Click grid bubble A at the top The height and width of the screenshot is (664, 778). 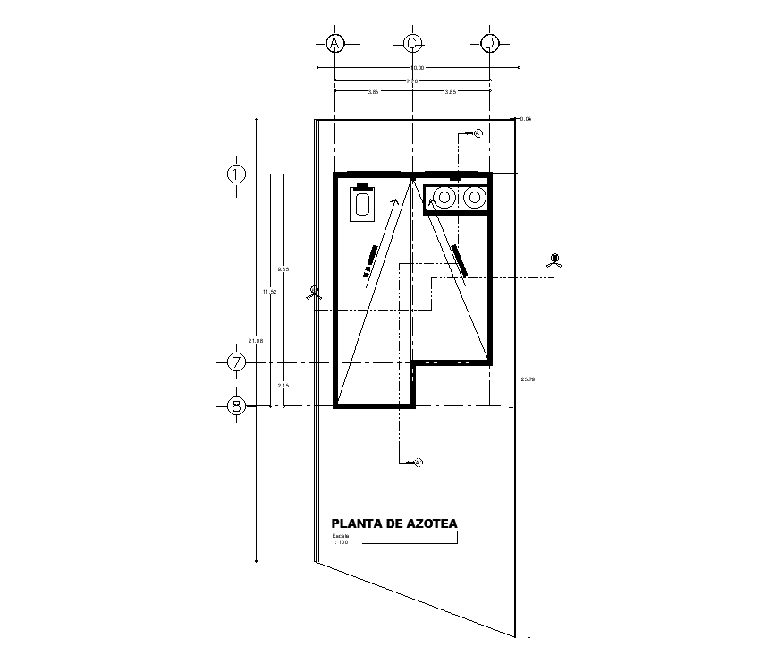(334, 43)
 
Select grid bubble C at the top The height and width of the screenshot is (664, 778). (411, 43)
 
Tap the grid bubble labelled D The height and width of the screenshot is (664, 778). (489, 43)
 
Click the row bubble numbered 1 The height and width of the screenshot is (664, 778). (236, 174)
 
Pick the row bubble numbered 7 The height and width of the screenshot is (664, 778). (236, 362)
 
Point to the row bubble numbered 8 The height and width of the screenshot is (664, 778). (236, 406)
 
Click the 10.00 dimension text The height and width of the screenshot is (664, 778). (417, 68)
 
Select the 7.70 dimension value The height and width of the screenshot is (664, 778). (411, 81)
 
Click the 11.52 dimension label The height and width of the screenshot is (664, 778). (267, 291)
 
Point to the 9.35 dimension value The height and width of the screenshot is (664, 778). (283, 269)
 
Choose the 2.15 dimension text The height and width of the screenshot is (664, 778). (283, 385)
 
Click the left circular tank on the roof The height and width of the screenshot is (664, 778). (444, 197)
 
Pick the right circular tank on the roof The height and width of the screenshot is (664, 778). (474, 197)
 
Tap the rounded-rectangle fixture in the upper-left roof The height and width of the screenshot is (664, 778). (363, 205)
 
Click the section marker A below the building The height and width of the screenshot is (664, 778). (418, 462)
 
